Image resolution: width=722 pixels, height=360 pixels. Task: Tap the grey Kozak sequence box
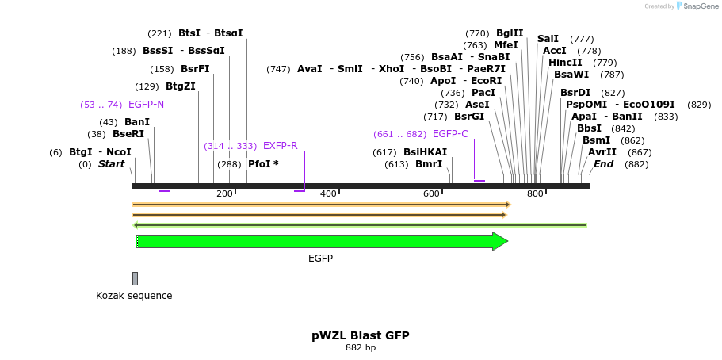pos(135,278)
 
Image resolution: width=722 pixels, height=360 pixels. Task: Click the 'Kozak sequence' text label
pos(134,296)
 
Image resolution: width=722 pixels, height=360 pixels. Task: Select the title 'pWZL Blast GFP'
pos(361,335)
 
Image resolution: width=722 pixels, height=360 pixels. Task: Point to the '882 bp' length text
pos(361,348)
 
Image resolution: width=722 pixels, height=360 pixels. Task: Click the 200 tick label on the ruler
pos(224,194)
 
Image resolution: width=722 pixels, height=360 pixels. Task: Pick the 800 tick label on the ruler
pos(535,194)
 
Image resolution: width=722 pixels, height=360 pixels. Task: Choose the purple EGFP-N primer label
pos(146,105)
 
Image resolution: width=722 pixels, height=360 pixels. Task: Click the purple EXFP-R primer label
pos(281,146)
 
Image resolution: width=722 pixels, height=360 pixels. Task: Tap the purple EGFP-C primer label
pos(450,134)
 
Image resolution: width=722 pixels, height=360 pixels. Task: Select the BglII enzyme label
pos(510,33)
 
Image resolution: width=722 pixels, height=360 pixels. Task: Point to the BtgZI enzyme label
pos(181,87)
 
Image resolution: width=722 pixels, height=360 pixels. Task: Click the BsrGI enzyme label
pos(469,117)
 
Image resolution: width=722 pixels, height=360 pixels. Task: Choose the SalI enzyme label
pos(548,39)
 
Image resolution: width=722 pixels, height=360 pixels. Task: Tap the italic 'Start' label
pos(112,164)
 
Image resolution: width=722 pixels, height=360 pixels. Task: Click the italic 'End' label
pos(603,164)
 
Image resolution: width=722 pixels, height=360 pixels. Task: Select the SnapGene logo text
pos(697,6)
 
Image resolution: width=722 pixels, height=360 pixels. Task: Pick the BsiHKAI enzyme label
pos(425,152)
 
